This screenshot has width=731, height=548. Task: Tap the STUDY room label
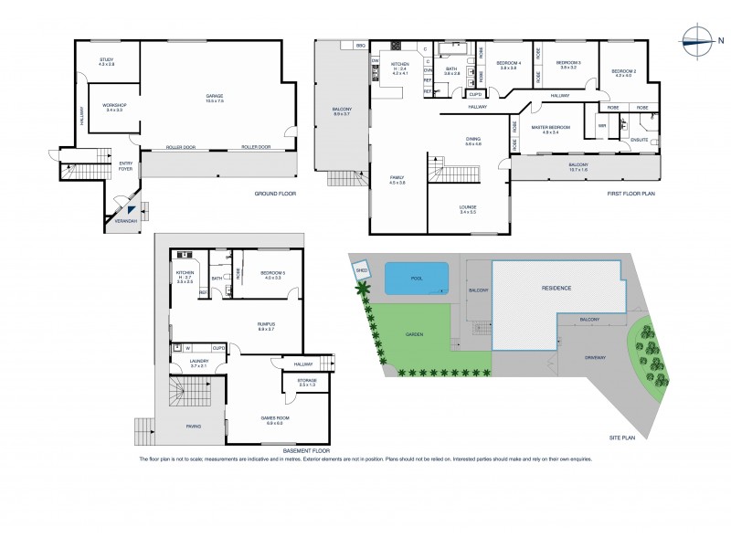pyautogui.click(x=107, y=60)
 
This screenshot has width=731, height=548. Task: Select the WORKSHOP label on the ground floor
pyautogui.click(x=114, y=106)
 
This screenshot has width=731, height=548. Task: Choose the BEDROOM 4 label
pyautogui.click(x=508, y=64)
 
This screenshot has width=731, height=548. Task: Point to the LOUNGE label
pyautogui.click(x=468, y=207)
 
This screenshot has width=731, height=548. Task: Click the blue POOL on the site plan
pyautogui.click(x=417, y=278)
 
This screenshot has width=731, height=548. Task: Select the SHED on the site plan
pyautogui.click(x=361, y=271)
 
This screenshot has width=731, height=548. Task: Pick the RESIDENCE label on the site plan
pyautogui.click(x=556, y=288)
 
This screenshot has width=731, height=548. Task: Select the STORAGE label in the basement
pyautogui.click(x=307, y=381)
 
